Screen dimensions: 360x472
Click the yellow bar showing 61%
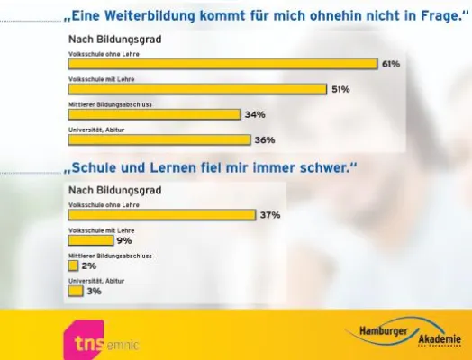tap(222, 64)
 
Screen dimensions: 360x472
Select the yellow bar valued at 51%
tap(197, 89)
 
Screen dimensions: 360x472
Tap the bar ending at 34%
tap(155, 114)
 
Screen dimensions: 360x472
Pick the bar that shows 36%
tap(159, 139)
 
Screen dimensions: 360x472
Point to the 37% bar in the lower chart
tap(162, 215)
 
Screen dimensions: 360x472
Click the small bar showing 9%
tap(91, 240)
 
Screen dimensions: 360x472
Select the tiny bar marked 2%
tap(74, 265)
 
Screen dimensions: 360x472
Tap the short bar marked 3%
tap(77, 291)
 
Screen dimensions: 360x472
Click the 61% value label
tap(390, 65)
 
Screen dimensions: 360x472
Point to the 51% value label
tap(340, 90)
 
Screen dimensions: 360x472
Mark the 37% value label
tap(270, 216)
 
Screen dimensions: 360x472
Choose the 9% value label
tap(124, 241)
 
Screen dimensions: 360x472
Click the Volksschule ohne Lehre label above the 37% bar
tap(100, 205)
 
